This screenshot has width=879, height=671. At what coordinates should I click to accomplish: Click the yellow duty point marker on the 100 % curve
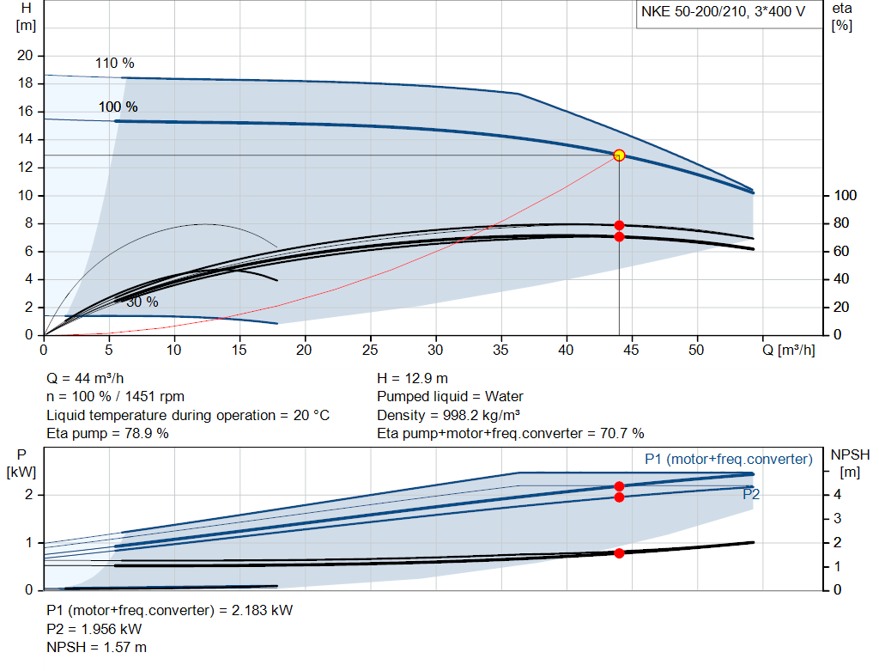pos(619,156)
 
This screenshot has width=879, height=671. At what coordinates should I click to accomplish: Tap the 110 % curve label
pos(114,64)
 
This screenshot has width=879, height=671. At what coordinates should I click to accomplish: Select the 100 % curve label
pos(118,107)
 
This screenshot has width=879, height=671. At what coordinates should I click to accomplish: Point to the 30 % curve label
pos(142,302)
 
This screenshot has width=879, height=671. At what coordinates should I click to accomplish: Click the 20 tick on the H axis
pos(25,56)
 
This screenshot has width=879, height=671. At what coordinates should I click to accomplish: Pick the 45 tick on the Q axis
pos(632,351)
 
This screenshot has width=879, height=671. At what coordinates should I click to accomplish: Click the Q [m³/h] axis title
pos(790,351)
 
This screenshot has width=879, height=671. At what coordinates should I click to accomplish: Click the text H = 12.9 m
pos(412,378)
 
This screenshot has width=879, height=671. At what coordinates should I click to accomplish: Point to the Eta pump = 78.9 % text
pos(107,433)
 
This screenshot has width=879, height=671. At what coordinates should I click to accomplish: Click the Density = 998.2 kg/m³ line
pos(450,415)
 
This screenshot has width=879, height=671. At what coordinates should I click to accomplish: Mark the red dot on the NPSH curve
pos(619,552)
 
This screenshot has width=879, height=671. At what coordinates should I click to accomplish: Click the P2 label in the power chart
pos(751,495)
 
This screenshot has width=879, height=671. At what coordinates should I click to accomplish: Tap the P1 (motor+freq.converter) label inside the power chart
pos(728,460)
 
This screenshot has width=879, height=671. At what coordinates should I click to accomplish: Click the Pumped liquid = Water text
pos(450,397)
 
